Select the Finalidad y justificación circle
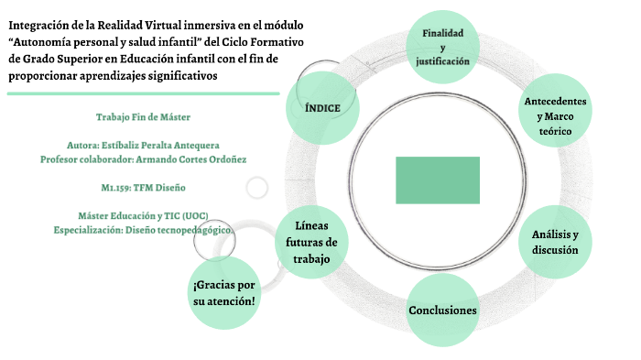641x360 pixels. pos(442,47)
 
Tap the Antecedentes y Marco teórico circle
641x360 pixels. pos(555,116)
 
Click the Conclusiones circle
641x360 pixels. pos(442,311)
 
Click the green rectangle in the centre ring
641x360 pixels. pos(438,180)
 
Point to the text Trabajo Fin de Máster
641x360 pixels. pos(143,117)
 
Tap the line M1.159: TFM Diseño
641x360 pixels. pos(143,187)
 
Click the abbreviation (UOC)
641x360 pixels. pos(194,215)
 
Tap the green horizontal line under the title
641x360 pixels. pos(142,93)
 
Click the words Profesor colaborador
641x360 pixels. pos(85,158)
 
